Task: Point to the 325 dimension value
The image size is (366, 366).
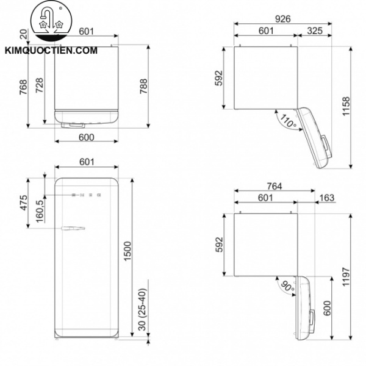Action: coord(315,30)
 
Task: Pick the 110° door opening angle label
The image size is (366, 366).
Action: coord(285,120)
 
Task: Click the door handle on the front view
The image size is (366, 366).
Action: coord(72,228)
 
